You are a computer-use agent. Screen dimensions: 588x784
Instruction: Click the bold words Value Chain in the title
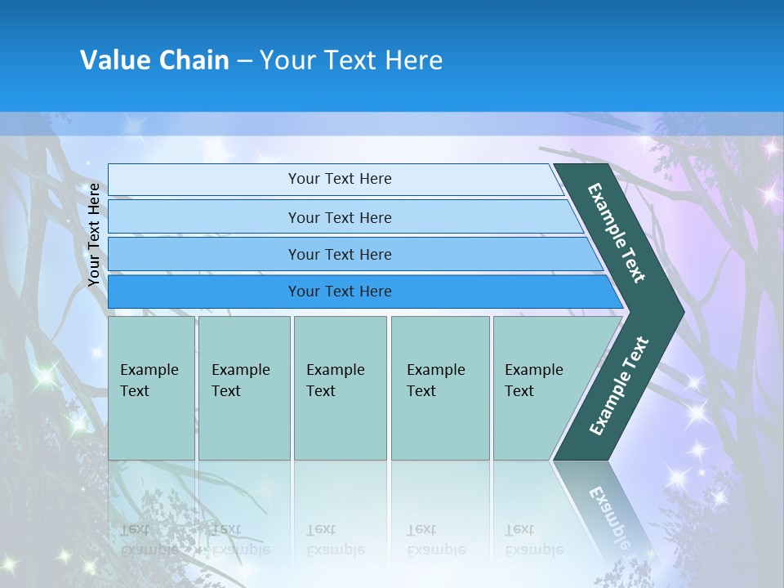(x=154, y=60)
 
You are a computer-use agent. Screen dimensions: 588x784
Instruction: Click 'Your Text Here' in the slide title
(x=351, y=60)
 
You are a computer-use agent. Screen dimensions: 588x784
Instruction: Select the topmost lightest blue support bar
(x=204, y=180)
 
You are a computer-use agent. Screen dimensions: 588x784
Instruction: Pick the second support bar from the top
(x=204, y=217)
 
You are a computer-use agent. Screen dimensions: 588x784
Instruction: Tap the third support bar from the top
(x=204, y=254)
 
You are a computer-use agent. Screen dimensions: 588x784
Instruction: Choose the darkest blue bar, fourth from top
(x=204, y=292)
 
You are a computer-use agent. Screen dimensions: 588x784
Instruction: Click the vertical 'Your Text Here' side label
(x=94, y=234)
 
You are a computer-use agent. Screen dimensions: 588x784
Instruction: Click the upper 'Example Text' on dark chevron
(x=617, y=233)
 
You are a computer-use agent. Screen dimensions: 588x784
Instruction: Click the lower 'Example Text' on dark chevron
(x=618, y=386)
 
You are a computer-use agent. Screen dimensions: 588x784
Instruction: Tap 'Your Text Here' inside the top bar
(x=340, y=179)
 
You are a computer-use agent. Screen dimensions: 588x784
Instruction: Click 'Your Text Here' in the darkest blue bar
(x=340, y=292)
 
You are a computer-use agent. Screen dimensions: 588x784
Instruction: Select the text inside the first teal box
(x=149, y=381)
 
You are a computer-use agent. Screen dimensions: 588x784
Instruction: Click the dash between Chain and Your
(x=244, y=61)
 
